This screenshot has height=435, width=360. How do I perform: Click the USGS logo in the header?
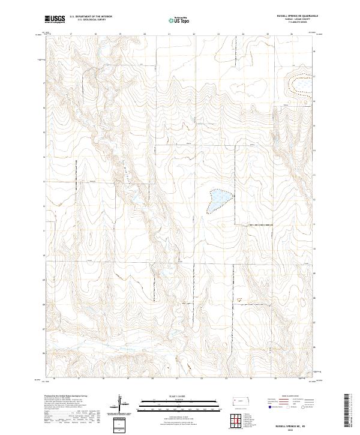click(55, 19)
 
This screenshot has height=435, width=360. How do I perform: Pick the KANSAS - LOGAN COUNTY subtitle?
click(298, 19)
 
